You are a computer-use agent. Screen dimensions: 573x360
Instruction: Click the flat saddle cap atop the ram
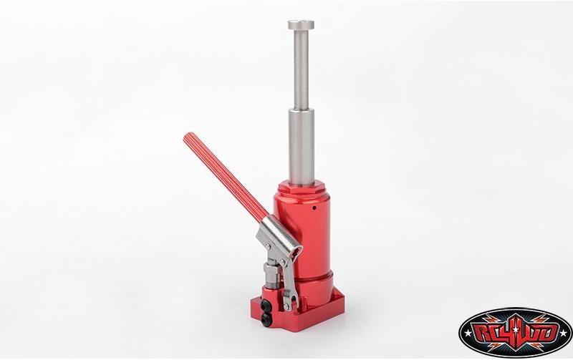tap(301, 24)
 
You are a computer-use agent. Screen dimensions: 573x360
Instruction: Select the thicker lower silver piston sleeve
tap(301, 146)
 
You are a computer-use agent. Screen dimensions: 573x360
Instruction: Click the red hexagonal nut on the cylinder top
tap(301, 187)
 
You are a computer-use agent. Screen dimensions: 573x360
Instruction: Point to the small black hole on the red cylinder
tap(314, 208)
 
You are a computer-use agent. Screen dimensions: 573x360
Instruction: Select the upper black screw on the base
tap(266, 304)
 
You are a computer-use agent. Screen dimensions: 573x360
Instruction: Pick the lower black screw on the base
tap(266, 318)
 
